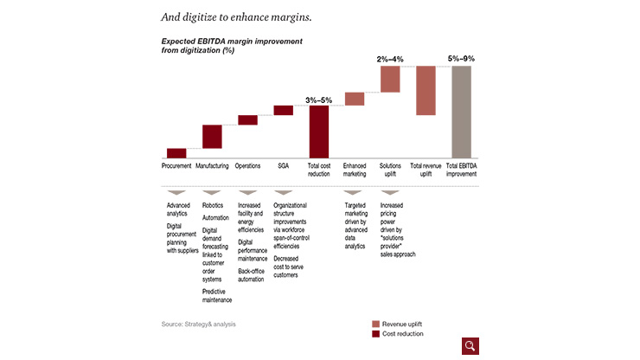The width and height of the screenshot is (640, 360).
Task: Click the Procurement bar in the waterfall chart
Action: coord(176,153)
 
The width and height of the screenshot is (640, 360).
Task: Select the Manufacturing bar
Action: coord(212,137)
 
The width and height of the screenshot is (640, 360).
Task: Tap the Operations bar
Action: coord(247,120)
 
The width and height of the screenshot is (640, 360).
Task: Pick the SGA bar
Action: coord(284,110)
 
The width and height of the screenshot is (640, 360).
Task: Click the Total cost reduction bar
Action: coord(319,132)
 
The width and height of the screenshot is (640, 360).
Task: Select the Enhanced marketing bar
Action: coord(355,99)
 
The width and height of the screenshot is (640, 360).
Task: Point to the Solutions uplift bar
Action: coord(390,79)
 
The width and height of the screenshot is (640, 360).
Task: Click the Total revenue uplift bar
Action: coord(426,91)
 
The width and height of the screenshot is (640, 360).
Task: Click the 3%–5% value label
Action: coord(318,100)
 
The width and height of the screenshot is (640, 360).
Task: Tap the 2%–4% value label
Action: coord(390,59)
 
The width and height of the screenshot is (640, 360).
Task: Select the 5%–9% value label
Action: coord(461,59)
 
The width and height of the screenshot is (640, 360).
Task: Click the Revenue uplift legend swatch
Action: coord(375,324)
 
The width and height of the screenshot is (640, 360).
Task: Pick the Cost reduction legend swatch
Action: coord(375,333)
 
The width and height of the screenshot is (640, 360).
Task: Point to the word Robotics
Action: coord(213,205)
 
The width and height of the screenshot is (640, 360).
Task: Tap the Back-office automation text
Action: coord(252,274)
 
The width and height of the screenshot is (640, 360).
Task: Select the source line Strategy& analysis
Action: coord(198,324)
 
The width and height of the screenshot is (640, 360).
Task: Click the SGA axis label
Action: coord(283,165)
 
